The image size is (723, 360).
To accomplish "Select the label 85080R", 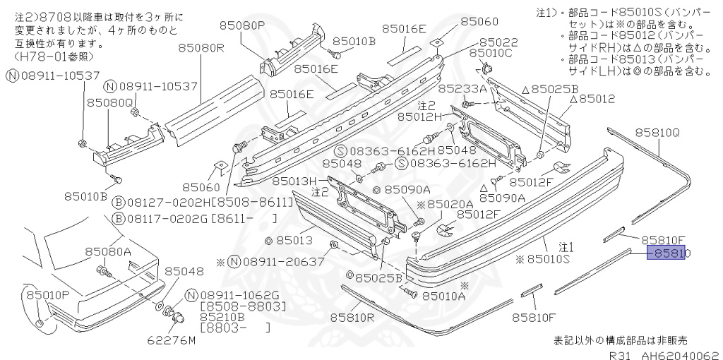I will [200, 48].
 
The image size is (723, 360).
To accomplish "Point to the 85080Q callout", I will [110, 103].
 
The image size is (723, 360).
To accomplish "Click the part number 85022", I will [499, 42].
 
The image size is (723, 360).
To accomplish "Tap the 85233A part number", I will [462, 89].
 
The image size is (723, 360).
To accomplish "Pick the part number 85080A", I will [109, 251].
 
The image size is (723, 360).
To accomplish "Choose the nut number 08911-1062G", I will [240, 295].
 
